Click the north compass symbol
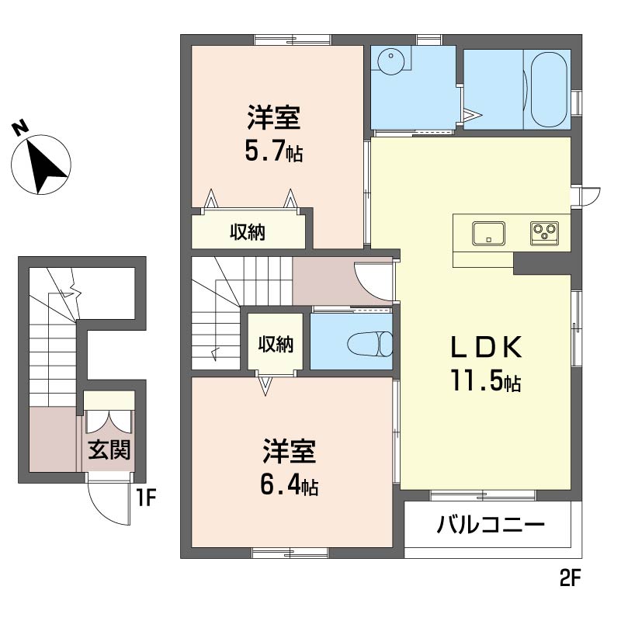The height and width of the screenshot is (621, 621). [41, 165]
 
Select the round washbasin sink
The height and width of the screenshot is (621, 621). [391, 61]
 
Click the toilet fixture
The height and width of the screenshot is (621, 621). [370, 343]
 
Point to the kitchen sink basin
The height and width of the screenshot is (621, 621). [488, 234]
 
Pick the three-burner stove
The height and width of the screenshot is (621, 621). [545, 233]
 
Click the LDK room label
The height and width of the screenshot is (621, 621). [486, 347]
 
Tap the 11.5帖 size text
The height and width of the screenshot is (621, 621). [486, 380]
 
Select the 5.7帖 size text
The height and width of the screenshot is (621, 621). [274, 151]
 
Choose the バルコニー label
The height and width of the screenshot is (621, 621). [491, 525]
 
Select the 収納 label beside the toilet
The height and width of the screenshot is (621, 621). [276, 344]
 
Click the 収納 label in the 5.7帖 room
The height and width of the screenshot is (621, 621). [248, 232]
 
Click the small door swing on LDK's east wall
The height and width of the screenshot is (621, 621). [593, 197]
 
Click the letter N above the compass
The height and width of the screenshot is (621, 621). [20, 128]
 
